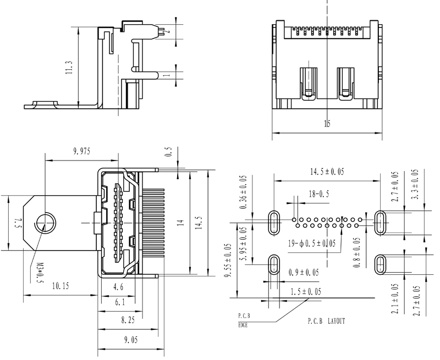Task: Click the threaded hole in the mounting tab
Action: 43,223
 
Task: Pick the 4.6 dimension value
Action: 117,287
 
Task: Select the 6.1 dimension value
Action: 120,302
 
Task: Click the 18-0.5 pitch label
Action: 319,193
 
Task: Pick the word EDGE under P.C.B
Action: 243,325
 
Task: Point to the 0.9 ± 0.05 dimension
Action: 302,273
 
